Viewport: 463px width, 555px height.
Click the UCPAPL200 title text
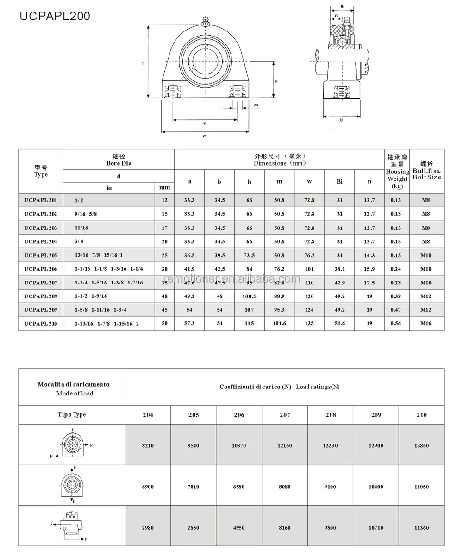coord(55,17)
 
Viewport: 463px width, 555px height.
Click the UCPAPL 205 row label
coord(40,255)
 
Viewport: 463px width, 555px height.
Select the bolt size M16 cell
coord(426,324)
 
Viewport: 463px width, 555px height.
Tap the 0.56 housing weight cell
coord(395,324)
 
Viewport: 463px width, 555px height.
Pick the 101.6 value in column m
coord(279,324)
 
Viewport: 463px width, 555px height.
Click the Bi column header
coord(339,182)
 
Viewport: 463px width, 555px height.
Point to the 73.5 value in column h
coord(249,255)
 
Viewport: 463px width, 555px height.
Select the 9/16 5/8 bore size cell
coord(86,214)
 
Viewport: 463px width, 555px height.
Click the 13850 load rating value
coord(421,445)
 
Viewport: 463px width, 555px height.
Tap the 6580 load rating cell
coord(239,487)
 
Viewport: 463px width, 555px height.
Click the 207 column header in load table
coord(285,415)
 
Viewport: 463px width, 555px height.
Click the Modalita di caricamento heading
coord(74,384)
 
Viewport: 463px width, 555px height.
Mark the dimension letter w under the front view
coord(204,136)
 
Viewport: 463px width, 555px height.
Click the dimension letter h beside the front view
coord(144,63)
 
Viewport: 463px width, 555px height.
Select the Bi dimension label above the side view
coord(342,6)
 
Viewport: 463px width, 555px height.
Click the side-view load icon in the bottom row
coord(72,526)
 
